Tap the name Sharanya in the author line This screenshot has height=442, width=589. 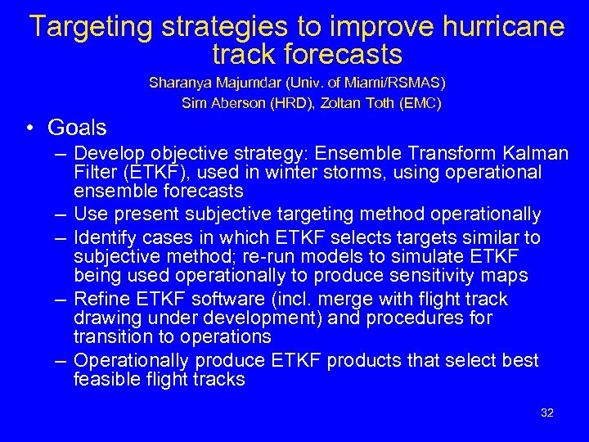pos(177,83)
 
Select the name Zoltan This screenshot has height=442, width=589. pos(344,103)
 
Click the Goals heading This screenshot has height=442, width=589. pos(77,128)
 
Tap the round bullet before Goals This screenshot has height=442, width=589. pos(28,128)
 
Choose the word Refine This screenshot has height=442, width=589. pos(98,299)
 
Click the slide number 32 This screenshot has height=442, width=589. pos(547,413)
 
